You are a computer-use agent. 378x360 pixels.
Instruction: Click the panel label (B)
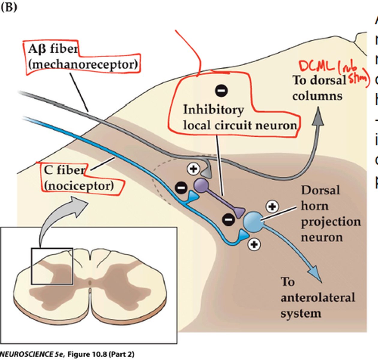[9, 7]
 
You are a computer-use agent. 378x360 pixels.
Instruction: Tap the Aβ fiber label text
[53, 49]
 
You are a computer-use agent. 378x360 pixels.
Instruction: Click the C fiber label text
[64, 170]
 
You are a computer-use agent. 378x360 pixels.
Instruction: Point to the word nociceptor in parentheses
[79, 186]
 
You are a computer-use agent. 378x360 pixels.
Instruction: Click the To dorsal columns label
[319, 88]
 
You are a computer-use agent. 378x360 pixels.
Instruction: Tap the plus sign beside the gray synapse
[193, 169]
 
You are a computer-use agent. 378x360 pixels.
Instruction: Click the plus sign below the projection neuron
[254, 244]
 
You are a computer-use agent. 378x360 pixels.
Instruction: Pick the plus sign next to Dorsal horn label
[272, 206]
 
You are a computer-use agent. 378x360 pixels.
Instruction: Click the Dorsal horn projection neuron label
[330, 214]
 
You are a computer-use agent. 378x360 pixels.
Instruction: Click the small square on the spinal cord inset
[52, 266]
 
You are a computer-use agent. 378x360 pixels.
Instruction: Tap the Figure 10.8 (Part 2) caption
[101, 354]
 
